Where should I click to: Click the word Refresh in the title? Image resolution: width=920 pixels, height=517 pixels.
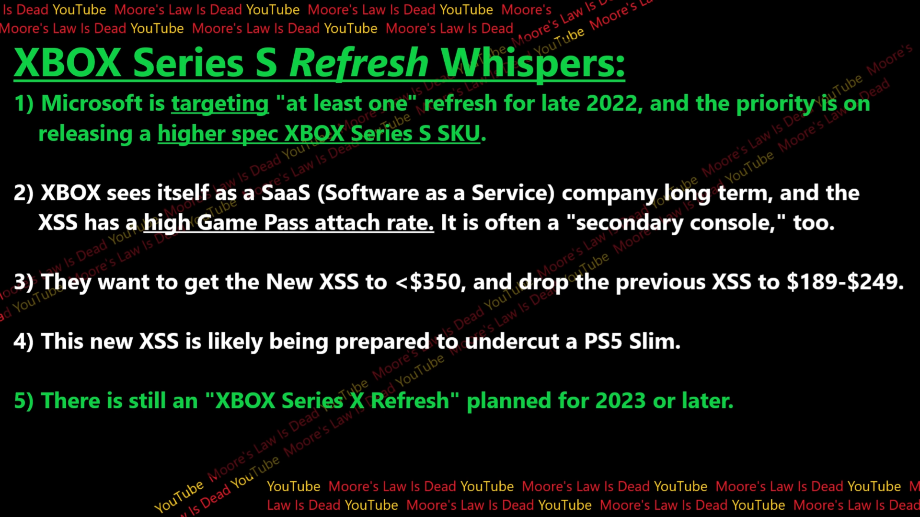(x=358, y=63)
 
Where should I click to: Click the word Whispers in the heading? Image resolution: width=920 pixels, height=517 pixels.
(x=532, y=63)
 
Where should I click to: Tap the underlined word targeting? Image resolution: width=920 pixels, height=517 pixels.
(x=220, y=103)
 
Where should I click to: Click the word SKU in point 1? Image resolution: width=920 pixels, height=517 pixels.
(x=458, y=133)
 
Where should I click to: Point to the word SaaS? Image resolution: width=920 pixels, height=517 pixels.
(x=286, y=193)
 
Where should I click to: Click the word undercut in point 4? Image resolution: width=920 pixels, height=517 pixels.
(x=512, y=341)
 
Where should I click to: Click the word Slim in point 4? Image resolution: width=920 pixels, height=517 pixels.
(x=654, y=341)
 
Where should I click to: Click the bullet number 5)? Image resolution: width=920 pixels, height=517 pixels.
(x=23, y=401)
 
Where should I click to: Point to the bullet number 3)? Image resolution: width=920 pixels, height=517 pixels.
(x=23, y=282)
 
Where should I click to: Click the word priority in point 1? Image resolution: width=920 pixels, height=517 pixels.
(x=774, y=103)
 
